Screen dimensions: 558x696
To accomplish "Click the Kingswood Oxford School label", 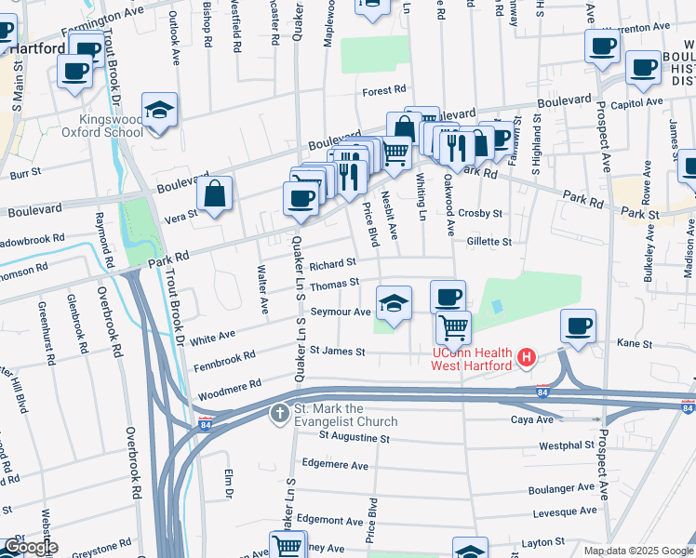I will (112, 126).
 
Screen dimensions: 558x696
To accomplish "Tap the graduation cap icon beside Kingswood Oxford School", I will (159, 111).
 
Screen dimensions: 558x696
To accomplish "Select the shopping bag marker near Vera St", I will (215, 195).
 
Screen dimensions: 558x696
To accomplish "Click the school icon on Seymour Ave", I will (394, 303).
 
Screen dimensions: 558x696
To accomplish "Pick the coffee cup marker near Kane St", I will (579, 326).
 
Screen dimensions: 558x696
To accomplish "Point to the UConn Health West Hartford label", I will (471, 359).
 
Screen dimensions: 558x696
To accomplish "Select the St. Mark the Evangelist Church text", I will (344, 414).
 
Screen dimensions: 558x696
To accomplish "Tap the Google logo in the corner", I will (31, 547).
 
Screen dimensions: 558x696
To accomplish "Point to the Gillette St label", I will (489, 241).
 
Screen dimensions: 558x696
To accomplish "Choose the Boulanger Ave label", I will (563, 487).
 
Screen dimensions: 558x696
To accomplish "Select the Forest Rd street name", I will (385, 90).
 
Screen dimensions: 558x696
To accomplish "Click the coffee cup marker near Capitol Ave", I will (643, 67).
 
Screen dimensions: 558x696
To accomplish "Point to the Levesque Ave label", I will (564, 512).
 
